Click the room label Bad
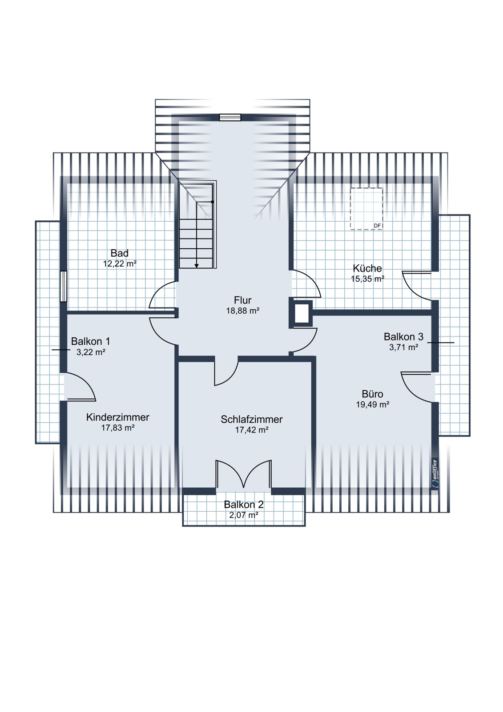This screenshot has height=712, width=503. [x=120, y=253]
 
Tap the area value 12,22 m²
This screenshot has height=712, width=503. [x=120, y=264]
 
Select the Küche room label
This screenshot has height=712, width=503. [x=367, y=268]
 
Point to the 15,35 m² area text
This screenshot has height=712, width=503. [x=368, y=279]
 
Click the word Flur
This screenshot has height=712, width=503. [x=243, y=300]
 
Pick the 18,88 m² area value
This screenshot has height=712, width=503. [x=243, y=311]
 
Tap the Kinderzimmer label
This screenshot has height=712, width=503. [x=117, y=417]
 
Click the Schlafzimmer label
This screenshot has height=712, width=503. [x=252, y=419]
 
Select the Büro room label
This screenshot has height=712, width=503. [x=372, y=394]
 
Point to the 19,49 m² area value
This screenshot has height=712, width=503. [x=373, y=405]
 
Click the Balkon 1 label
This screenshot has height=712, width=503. [x=91, y=341]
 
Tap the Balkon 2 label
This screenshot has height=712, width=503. [x=244, y=505]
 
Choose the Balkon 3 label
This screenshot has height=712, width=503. [x=403, y=336]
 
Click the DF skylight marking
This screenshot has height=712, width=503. [x=377, y=226]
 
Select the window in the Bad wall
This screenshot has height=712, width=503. [x=64, y=286]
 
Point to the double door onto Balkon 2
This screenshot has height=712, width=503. [x=244, y=475]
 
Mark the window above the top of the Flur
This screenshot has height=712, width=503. [x=230, y=117]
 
